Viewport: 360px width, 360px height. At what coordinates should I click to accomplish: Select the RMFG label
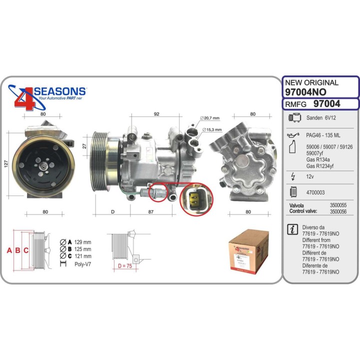[295, 104]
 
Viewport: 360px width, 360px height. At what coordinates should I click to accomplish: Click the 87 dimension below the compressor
[151, 212]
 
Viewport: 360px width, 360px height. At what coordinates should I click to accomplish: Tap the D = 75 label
[124, 265]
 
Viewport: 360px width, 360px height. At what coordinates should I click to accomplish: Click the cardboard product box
[248, 253]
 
